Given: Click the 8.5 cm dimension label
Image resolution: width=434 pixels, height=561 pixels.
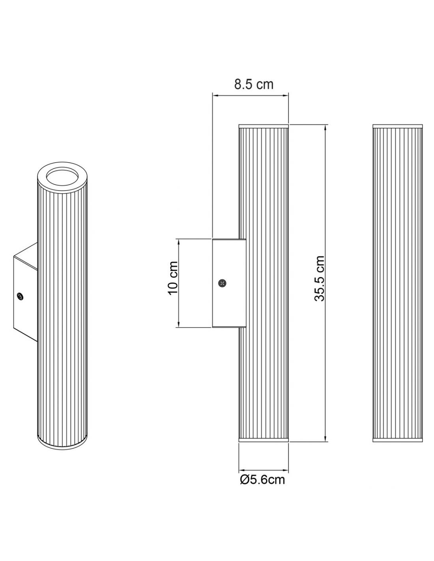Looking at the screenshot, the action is pyautogui.click(x=254, y=84).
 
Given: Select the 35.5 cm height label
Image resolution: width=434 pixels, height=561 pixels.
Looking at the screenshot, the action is pyautogui.click(x=319, y=278).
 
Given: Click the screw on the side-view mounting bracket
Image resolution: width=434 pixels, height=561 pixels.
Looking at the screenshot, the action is pyautogui.click(x=222, y=283).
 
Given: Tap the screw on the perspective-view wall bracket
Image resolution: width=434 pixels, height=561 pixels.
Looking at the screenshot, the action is pyautogui.click(x=20, y=296).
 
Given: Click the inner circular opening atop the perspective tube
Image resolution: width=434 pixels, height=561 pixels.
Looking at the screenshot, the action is pyautogui.click(x=62, y=177).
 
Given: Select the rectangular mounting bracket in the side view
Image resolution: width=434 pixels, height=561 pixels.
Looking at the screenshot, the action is pyautogui.click(x=229, y=283).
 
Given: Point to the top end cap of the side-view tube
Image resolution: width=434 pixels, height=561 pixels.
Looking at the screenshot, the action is pyautogui.click(x=263, y=126).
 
